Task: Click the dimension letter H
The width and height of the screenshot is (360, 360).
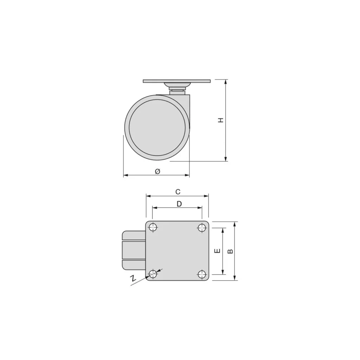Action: [x=221, y=120]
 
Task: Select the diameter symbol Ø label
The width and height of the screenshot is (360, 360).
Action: [x=157, y=171]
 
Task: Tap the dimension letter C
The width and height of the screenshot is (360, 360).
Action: [x=178, y=192]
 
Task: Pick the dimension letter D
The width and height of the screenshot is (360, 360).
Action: [x=179, y=204]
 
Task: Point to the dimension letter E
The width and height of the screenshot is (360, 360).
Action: [x=217, y=251]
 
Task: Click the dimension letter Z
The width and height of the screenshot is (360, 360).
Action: [x=133, y=278]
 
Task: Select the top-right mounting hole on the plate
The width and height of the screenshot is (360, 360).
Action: [x=202, y=227]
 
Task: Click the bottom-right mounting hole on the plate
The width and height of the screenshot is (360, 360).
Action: [x=202, y=274]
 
